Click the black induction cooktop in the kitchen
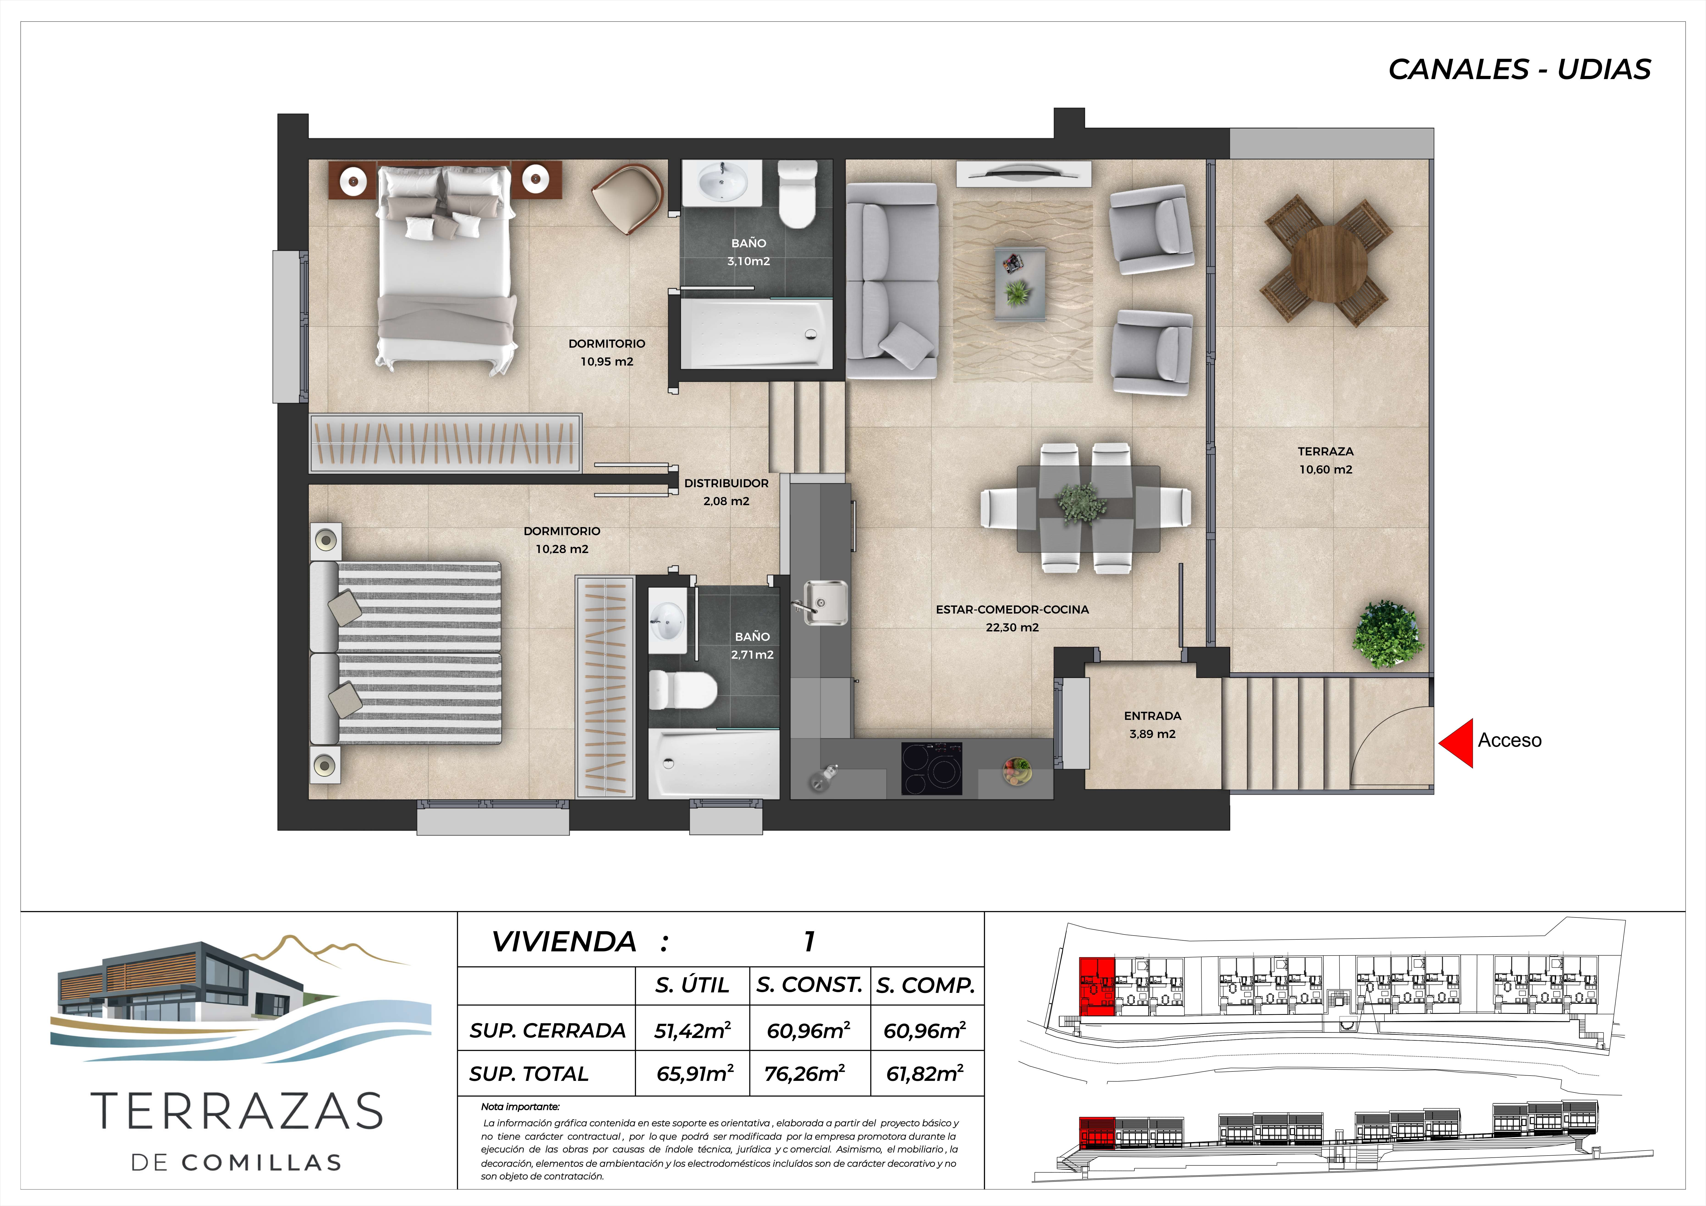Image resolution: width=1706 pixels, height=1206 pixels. click(x=932, y=768)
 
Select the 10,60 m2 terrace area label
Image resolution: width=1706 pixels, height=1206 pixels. click(x=1326, y=470)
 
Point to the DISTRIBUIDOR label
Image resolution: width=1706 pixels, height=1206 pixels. click(x=726, y=483)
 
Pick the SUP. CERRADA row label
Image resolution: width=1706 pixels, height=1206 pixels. click(x=548, y=1031)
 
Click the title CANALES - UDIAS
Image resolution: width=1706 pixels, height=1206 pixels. click(x=1519, y=69)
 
